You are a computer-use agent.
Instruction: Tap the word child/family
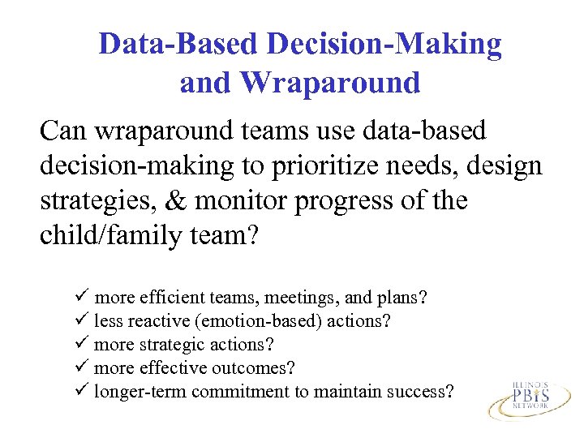click(x=102, y=235)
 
